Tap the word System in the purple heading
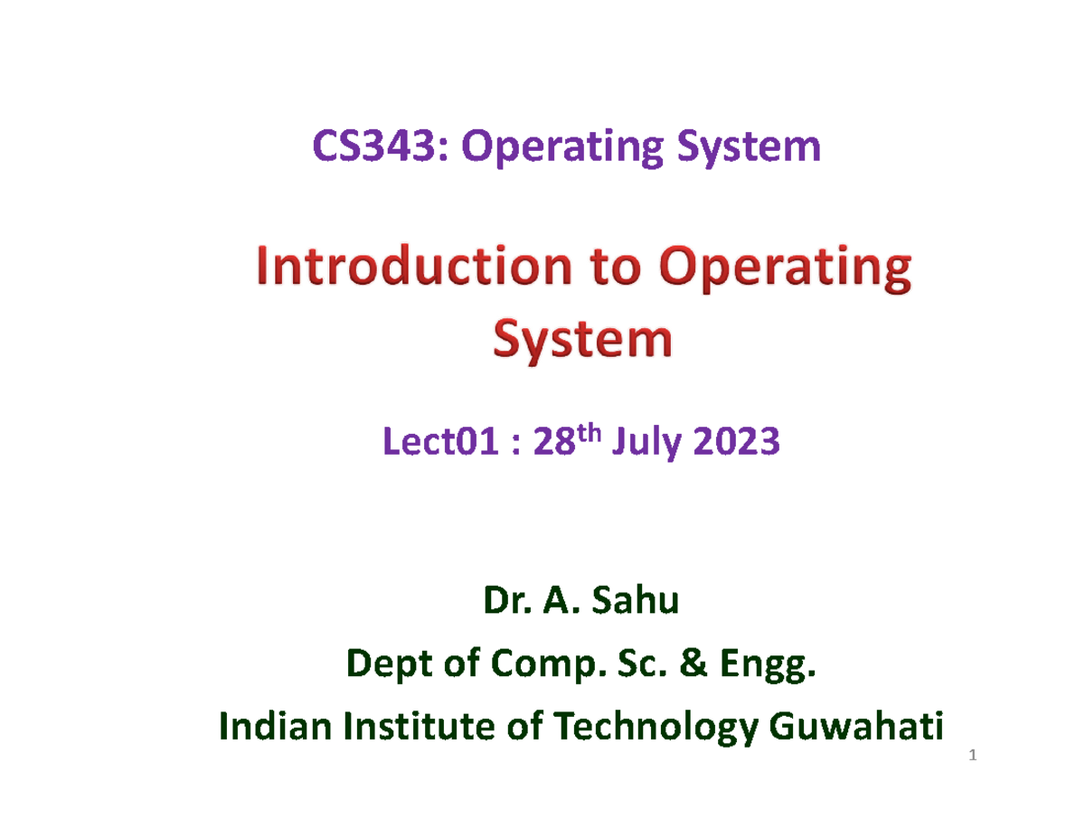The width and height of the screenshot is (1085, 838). tap(757, 148)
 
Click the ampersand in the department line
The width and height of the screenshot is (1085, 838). tap(693, 668)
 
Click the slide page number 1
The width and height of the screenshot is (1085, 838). tap(972, 756)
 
